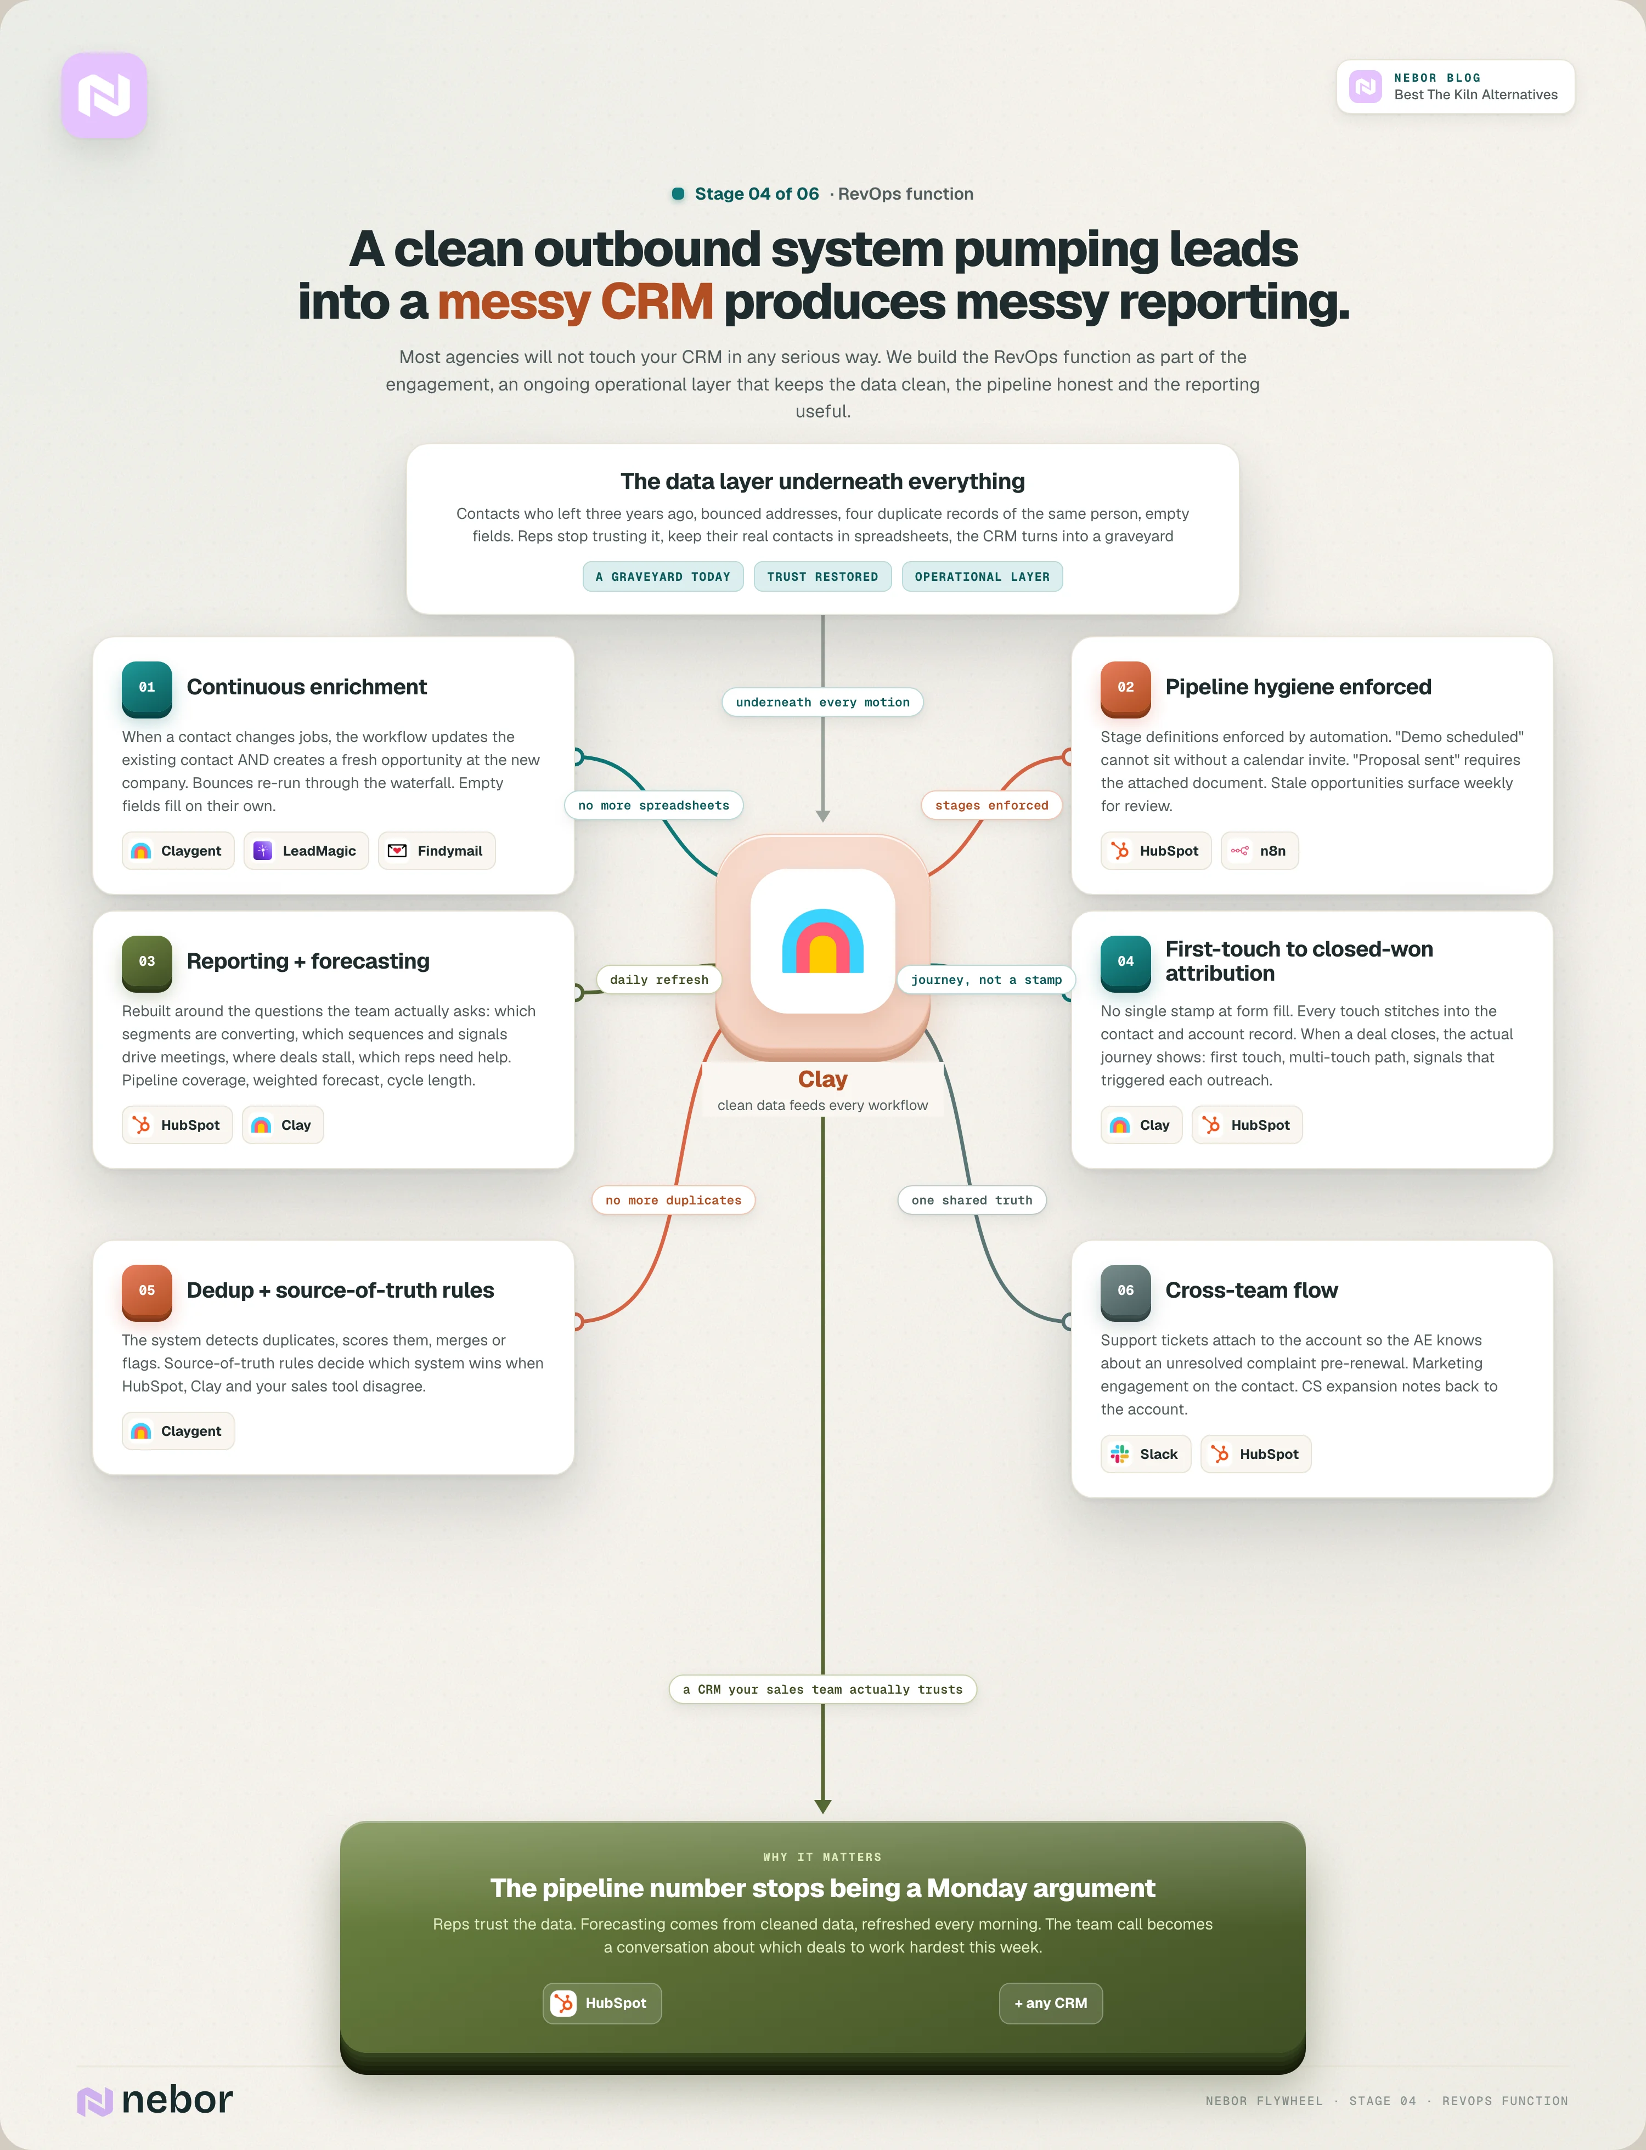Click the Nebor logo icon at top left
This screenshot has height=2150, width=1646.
point(104,95)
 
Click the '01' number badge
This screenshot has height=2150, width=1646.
point(147,688)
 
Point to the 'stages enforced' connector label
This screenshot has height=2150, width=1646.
point(991,805)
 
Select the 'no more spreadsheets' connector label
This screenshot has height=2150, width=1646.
point(653,805)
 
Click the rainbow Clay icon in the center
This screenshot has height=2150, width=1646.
point(823,941)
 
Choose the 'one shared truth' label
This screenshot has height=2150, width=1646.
point(972,1200)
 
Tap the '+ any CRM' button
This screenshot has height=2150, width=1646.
point(1050,2003)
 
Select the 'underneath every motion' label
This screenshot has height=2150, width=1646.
point(823,702)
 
